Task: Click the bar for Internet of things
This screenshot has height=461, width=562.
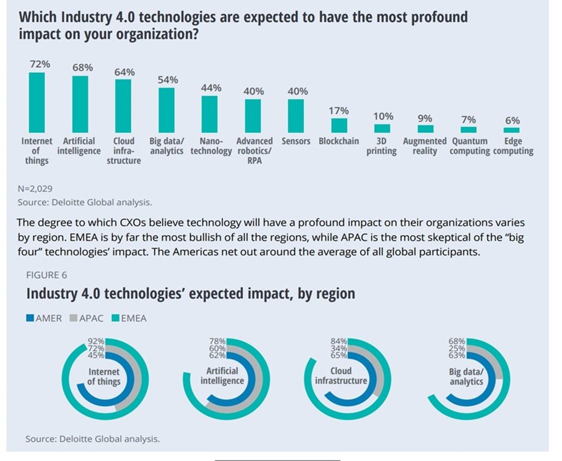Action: coord(37,102)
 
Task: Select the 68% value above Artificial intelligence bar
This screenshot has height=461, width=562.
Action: coord(83,68)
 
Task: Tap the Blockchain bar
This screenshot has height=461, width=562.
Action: coord(339,125)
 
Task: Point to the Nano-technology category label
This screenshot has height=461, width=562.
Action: coord(211,146)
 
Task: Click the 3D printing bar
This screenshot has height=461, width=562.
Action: coord(382,128)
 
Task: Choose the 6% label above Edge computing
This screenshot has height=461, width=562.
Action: coord(512,121)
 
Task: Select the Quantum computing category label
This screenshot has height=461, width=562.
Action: coord(469,146)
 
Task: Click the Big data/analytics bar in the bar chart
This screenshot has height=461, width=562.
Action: coord(167,110)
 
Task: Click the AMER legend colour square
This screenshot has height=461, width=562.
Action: coord(31,318)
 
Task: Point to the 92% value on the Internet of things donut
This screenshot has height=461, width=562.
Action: coord(96,342)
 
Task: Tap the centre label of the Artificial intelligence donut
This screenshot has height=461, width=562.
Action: coord(221,376)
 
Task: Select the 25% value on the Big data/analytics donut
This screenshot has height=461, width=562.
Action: coord(458,348)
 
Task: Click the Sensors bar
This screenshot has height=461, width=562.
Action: coord(296,116)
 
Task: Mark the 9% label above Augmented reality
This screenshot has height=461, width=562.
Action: coord(425,119)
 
